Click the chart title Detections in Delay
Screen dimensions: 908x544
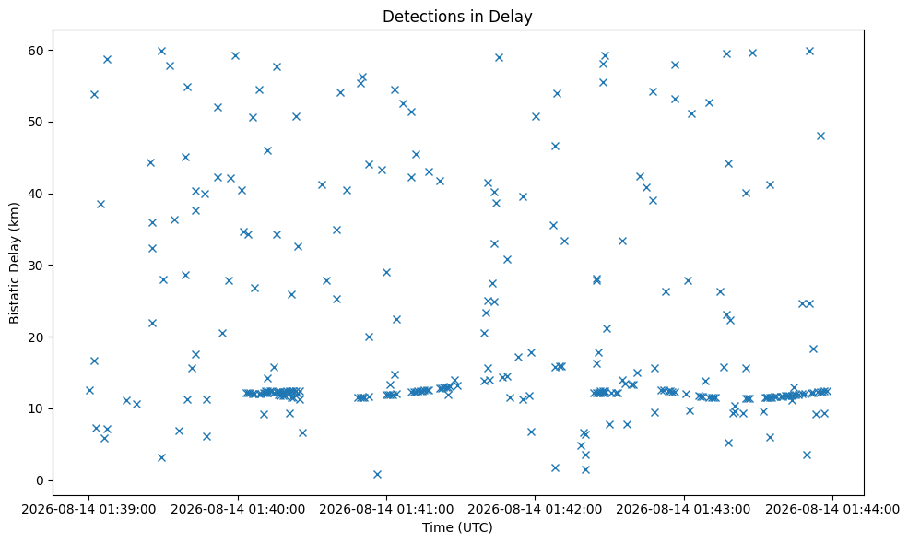point(457,17)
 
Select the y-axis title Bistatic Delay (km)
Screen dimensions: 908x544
point(15,263)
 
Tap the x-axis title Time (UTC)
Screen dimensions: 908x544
point(457,527)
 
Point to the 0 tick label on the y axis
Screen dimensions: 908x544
point(40,480)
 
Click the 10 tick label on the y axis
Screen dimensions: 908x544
point(36,408)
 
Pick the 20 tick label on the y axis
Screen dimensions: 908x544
point(36,337)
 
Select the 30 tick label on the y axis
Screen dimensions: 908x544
point(36,266)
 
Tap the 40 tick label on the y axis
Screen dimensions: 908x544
point(36,194)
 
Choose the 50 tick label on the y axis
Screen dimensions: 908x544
point(36,123)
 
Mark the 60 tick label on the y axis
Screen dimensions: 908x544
point(36,51)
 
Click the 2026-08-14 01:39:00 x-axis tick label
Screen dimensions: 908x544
point(88,509)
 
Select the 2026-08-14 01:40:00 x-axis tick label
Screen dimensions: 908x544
point(238,509)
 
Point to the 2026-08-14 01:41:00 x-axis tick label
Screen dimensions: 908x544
point(387,509)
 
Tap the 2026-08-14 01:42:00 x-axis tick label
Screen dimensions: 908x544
point(535,509)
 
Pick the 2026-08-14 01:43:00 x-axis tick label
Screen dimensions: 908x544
point(684,509)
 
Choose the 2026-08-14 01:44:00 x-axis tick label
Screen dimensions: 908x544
point(832,509)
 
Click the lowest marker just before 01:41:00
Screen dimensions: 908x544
point(378,475)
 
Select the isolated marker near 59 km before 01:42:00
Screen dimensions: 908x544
point(499,57)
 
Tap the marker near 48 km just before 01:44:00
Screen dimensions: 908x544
point(820,136)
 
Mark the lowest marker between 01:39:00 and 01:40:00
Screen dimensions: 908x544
point(161,457)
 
